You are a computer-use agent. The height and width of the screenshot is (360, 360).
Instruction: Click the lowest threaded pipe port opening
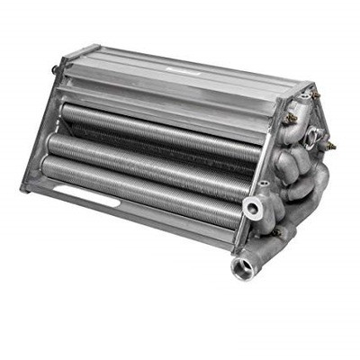(243, 267)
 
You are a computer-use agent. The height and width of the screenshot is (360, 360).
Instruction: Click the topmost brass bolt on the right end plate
(314, 93)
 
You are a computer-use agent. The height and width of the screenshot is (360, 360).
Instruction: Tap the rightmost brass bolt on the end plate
(330, 144)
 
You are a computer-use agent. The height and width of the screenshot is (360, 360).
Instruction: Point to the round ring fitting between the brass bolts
(311, 135)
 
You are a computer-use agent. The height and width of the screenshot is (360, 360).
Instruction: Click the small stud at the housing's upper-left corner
(55, 68)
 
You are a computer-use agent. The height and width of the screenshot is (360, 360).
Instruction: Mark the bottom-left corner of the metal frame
(24, 188)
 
